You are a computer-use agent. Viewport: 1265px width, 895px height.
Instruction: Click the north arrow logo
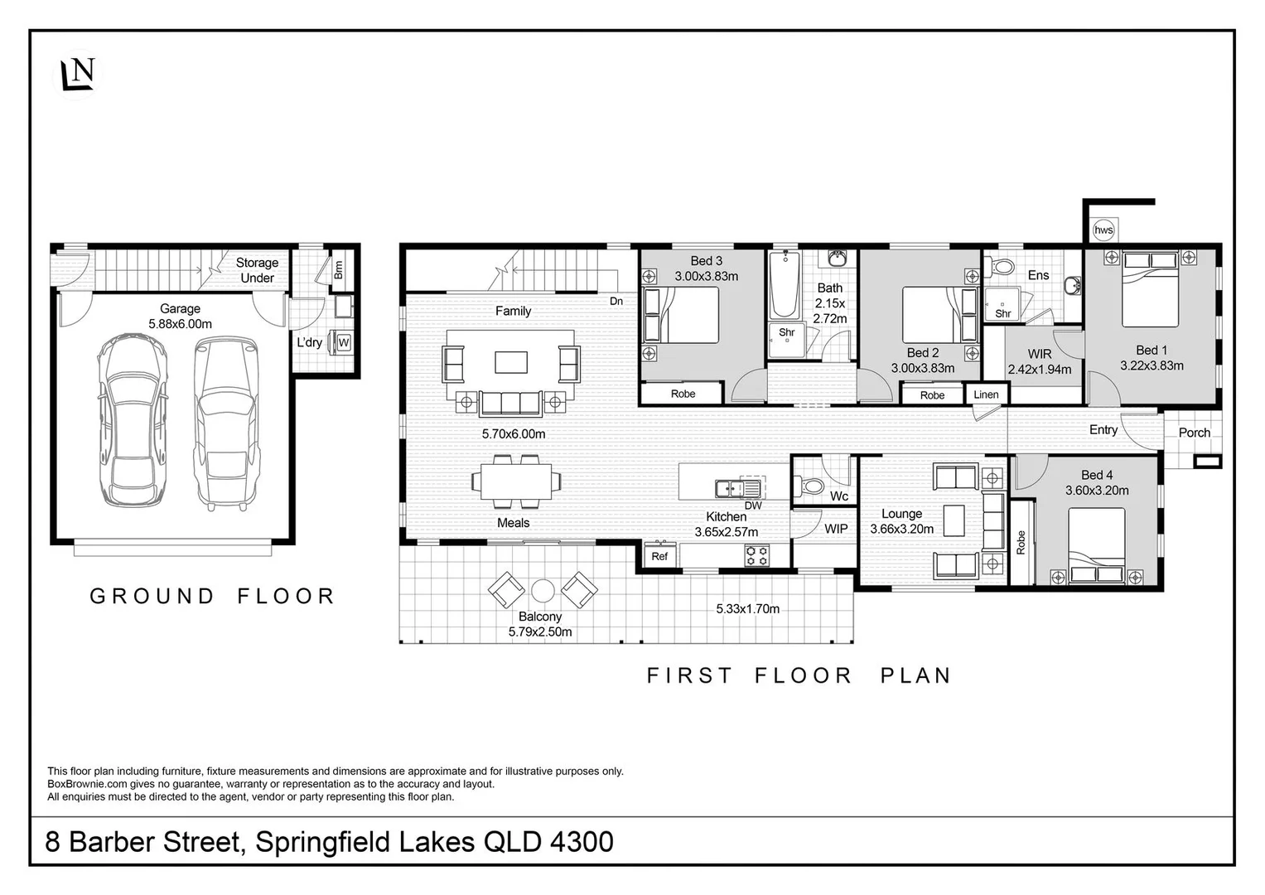click(x=78, y=74)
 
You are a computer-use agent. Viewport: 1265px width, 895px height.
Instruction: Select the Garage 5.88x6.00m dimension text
click(x=180, y=324)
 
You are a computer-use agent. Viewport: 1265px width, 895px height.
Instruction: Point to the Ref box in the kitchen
click(x=659, y=555)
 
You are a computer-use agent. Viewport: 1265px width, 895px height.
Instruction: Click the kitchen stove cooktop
click(x=757, y=554)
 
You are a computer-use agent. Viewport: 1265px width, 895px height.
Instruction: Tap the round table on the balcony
click(x=543, y=591)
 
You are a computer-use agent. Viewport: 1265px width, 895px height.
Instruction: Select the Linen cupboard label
click(x=986, y=394)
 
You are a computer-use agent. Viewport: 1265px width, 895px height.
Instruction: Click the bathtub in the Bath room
click(x=785, y=285)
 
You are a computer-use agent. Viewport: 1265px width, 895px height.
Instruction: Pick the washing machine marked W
click(x=343, y=342)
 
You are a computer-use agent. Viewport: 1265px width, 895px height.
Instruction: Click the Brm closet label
click(x=338, y=269)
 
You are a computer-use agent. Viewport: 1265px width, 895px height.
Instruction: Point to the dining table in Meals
click(x=516, y=481)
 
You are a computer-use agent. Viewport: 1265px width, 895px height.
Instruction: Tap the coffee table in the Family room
click(x=511, y=362)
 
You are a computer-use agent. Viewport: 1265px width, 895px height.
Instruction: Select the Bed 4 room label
click(x=1097, y=475)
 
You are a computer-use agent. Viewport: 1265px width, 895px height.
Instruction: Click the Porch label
click(x=1195, y=433)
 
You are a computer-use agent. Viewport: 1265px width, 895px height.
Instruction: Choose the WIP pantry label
click(x=836, y=529)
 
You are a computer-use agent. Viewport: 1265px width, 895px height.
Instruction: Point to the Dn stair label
click(x=616, y=301)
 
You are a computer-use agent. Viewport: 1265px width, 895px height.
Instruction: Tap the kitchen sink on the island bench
click(x=731, y=487)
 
